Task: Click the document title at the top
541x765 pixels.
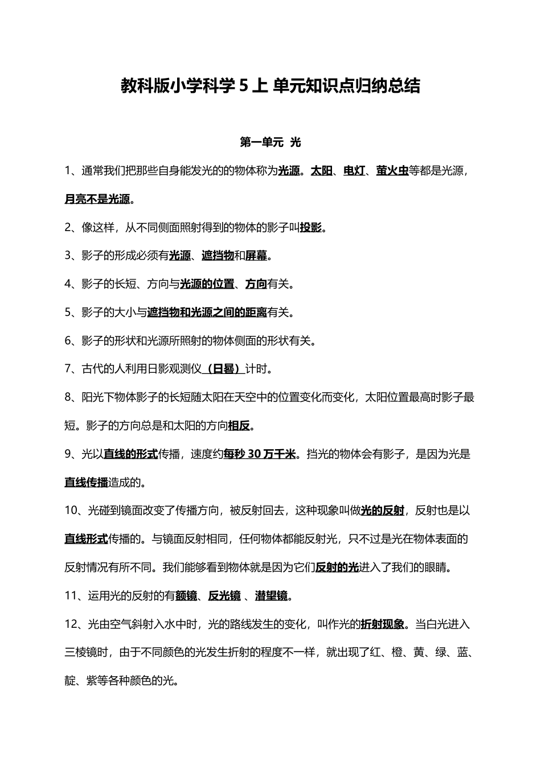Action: [x=270, y=86]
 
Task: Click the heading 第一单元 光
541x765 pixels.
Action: [x=270, y=142]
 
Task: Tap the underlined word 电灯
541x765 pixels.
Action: [x=354, y=170]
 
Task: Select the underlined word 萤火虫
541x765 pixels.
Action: [x=392, y=170]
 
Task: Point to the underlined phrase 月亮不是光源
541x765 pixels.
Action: [x=97, y=199]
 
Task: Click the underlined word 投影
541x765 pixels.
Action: [x=311, y=227]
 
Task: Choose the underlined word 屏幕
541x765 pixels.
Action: [x=256, y=256]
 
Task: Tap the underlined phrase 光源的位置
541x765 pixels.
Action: [x=207, y=283]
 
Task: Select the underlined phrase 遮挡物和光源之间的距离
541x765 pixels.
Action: [x=207, y=312]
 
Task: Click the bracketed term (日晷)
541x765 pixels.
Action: [x=223, y=369]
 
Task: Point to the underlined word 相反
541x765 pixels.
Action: [x=239, y=426]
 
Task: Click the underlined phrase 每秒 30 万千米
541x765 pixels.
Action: [x=260, y=454]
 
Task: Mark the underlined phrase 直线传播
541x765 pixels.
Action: [x=86, y=482]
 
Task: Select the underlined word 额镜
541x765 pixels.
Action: [x=186, y=596]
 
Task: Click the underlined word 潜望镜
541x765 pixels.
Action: [x=271, y=596]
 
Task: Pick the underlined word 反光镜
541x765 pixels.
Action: [x=224, y=596]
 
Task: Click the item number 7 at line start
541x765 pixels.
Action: [x=68, y=369]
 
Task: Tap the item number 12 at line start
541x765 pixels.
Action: [x=71, y=624]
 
